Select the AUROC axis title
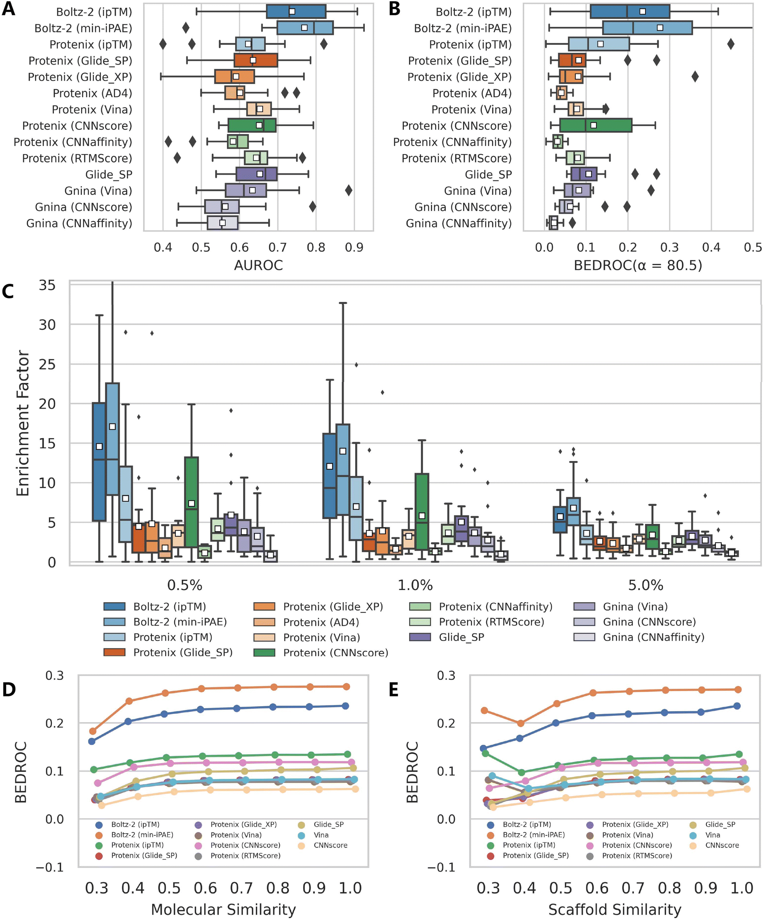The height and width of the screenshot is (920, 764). point(258,265)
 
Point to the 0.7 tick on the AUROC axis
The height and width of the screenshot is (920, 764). point(278,247)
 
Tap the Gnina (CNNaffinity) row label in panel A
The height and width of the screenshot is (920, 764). point(80,224)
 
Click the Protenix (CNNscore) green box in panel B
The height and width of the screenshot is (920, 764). point(596,126)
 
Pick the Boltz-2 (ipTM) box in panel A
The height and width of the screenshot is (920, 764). point(296,12)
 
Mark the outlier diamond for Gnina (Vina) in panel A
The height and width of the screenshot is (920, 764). point(348,190)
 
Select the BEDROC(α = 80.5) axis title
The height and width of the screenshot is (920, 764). point(638,265)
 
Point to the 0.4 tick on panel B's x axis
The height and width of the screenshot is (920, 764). point(711,247)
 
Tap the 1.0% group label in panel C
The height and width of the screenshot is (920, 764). point(415,585)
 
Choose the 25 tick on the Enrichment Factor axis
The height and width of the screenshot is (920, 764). point(47,364)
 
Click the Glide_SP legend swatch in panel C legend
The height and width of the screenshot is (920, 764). point(420,637)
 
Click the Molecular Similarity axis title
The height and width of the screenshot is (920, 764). point(223,909)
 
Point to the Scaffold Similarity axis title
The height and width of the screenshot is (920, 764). point(615,909)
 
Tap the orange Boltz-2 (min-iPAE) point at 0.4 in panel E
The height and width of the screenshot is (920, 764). point(520,723)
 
